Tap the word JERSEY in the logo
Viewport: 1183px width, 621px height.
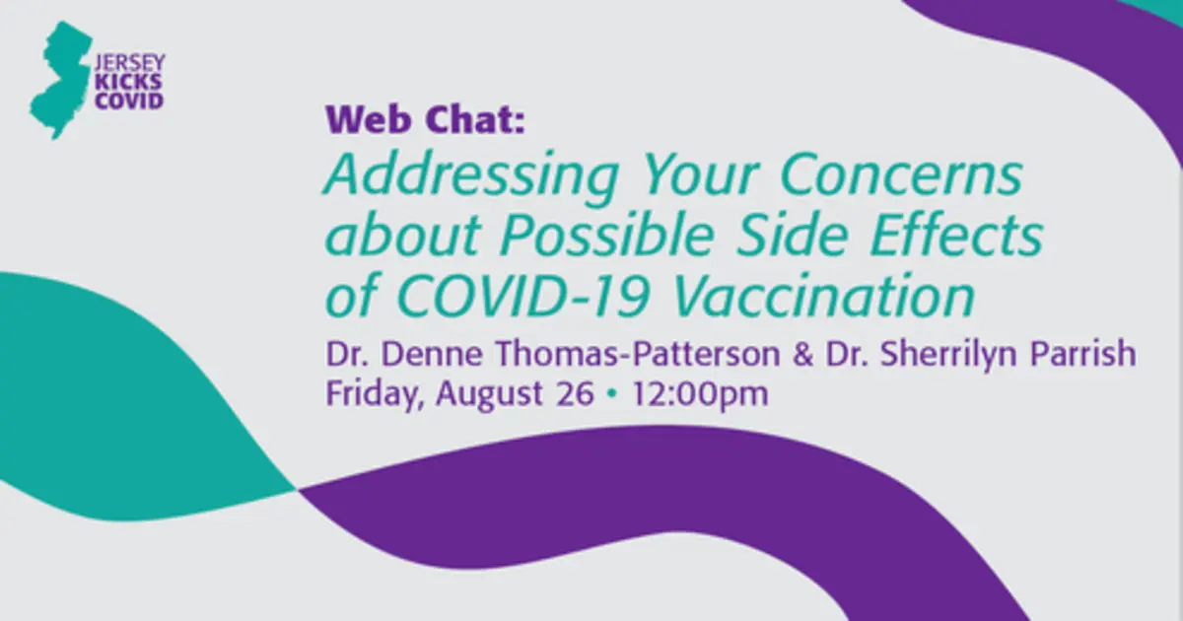click(x=129, y=63)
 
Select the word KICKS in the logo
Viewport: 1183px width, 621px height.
click(x=128, y=83)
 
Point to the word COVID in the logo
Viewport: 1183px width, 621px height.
click(x=129, y=101)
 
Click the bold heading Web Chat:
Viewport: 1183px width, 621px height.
click(x=426, y=119)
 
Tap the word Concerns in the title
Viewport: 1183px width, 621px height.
click(x=901, y=174)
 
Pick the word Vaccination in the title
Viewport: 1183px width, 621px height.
click(x=824, y=295)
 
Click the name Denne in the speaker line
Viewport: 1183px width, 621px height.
click(x=432, y=354)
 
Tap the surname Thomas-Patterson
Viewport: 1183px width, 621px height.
click(x=638, y=354)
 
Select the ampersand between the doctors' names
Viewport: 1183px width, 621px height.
click(x=802, y=354)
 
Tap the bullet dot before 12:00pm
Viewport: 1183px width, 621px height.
click(x=612, y=394)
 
